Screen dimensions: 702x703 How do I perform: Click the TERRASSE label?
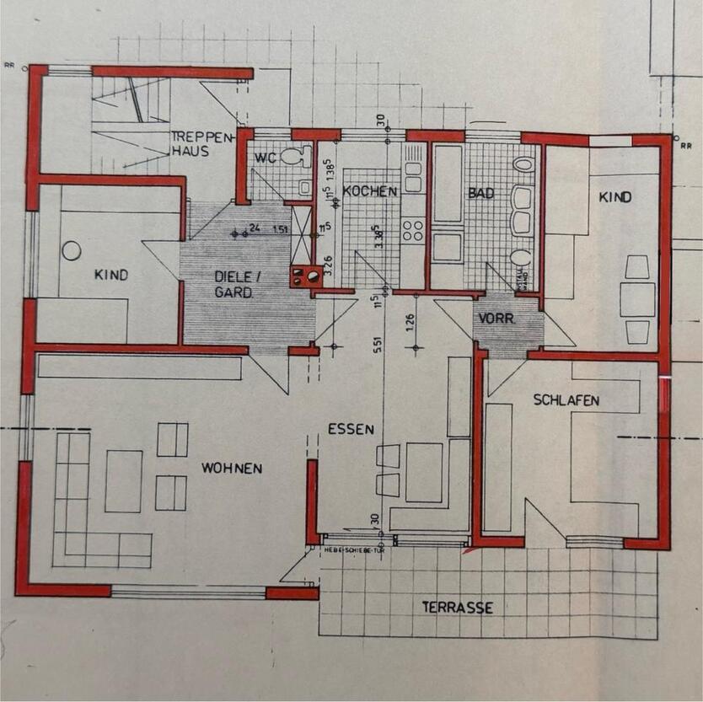point(458,607)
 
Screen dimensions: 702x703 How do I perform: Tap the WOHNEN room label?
point(231,468)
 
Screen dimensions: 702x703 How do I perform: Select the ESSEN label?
point(351,429)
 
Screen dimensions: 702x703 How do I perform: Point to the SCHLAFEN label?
point(566,400)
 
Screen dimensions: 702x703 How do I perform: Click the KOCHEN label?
point(369,191)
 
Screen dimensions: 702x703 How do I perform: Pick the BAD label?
point(480,192)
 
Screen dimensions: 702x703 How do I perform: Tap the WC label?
point(266,156)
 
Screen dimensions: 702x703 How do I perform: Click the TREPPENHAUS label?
point(190,143)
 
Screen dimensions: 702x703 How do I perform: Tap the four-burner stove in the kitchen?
point(413,229)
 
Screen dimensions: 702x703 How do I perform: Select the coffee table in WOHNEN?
point(123,480)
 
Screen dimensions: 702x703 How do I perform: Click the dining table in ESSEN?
point(424,472)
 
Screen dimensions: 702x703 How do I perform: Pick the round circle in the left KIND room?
point(72,250)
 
